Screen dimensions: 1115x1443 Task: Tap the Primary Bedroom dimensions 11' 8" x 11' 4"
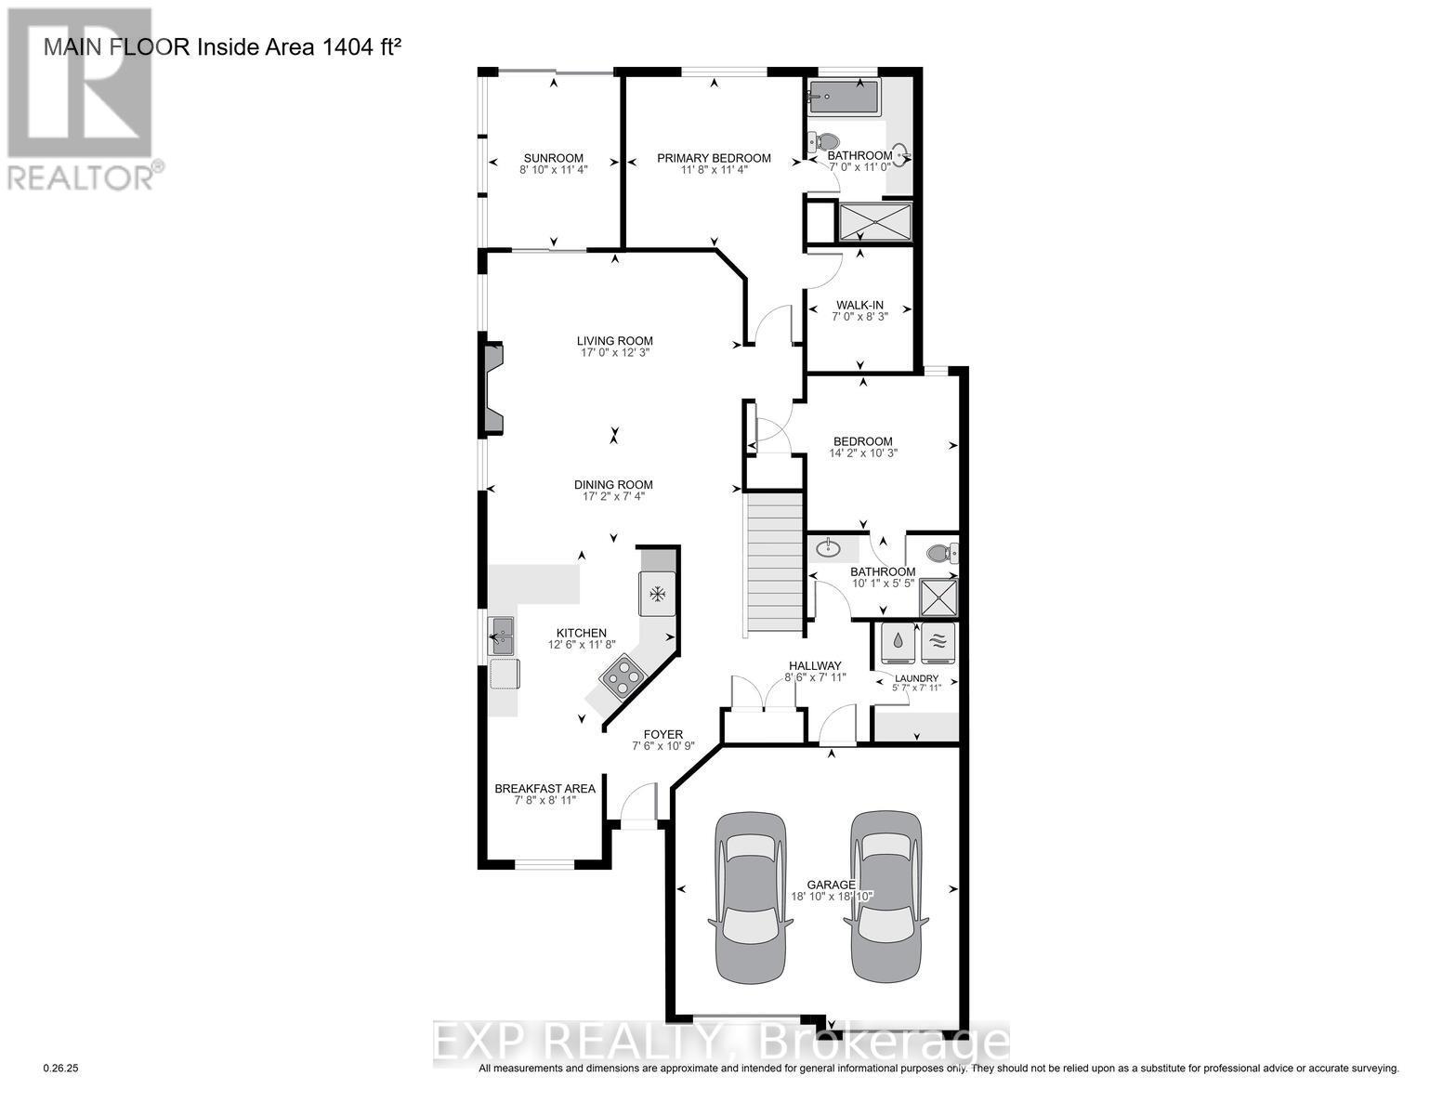click(714, 170)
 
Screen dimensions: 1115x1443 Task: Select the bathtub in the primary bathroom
click(843, 97)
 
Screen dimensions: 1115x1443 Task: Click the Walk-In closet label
click(859, 305)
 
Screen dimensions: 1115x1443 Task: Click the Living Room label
click(614, 341)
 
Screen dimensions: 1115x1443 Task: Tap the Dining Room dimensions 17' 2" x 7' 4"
click(613, 497)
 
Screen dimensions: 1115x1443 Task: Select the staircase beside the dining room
click(772, 563)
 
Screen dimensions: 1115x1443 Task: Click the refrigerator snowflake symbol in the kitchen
click(658, 595)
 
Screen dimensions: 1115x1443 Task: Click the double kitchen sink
click(500, 636)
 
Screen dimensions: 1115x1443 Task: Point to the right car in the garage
click(885, 897)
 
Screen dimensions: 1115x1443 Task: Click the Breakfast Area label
click(544, 788)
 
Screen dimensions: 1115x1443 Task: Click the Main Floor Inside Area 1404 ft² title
click(223, 46)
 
